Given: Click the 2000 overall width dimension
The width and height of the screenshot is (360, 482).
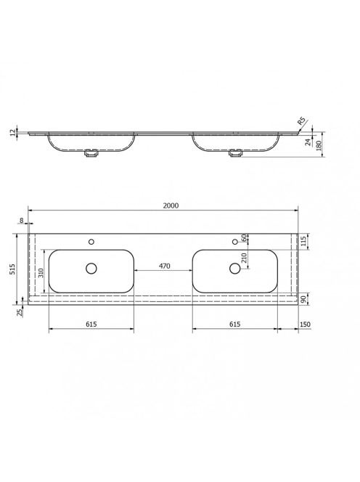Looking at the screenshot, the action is (171, 205).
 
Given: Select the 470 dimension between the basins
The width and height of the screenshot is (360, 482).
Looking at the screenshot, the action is (165, 266).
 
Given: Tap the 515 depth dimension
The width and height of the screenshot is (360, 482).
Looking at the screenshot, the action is (13, 269).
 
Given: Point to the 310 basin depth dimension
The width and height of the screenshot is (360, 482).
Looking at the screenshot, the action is (41, 272).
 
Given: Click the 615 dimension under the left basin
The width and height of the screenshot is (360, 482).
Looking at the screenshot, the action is (91, 324).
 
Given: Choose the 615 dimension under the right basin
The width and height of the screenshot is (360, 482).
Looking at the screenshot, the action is (235, 324).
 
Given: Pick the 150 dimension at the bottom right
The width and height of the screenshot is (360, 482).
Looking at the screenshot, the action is (305, 324).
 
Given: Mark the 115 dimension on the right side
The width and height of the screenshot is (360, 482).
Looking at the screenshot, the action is (304, 241).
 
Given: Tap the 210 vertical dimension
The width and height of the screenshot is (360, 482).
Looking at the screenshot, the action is (244, 258).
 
